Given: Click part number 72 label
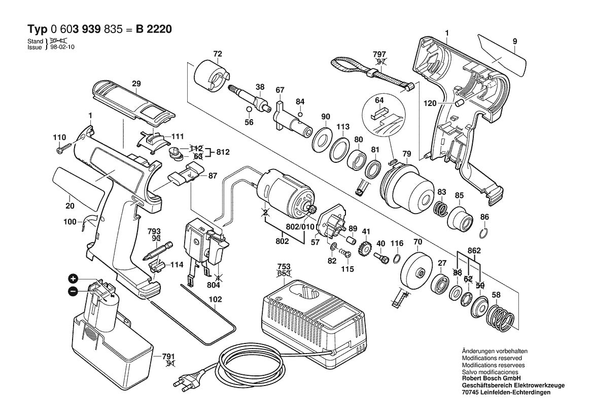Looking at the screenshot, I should pos(218,53).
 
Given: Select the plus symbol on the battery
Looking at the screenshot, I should pos(73,278).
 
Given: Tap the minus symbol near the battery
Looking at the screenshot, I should pos(73,291).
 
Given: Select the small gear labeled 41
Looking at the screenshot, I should pos(364,250).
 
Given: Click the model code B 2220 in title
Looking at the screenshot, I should pos(153,29).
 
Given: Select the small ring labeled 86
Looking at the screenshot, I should pos(484,234).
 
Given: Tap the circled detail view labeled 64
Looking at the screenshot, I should pos(385,116).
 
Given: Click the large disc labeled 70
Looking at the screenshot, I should pos(417,271).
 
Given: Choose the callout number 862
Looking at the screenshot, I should pos(474,251).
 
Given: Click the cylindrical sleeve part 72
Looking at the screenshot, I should pos(211,76).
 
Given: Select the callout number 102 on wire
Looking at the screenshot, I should pos(215,299).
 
